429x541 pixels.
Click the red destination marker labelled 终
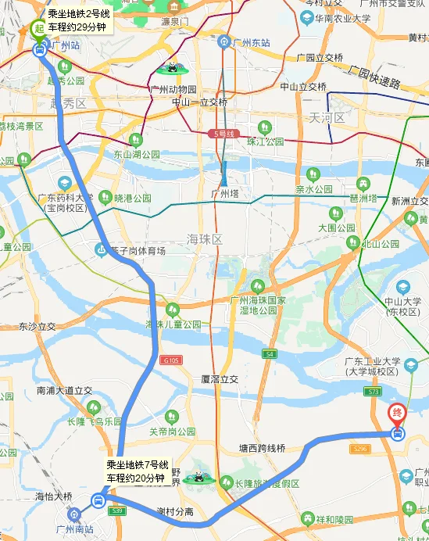[398, 413]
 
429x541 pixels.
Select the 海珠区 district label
[205, 238]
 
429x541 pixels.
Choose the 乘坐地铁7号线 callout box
[138, 471]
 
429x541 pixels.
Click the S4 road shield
[270, 354]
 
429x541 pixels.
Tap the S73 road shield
[374, 390]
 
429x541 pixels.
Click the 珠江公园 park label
[266, 142]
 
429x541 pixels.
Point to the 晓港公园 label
[132, 198]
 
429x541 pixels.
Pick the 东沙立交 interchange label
[38, 326]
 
